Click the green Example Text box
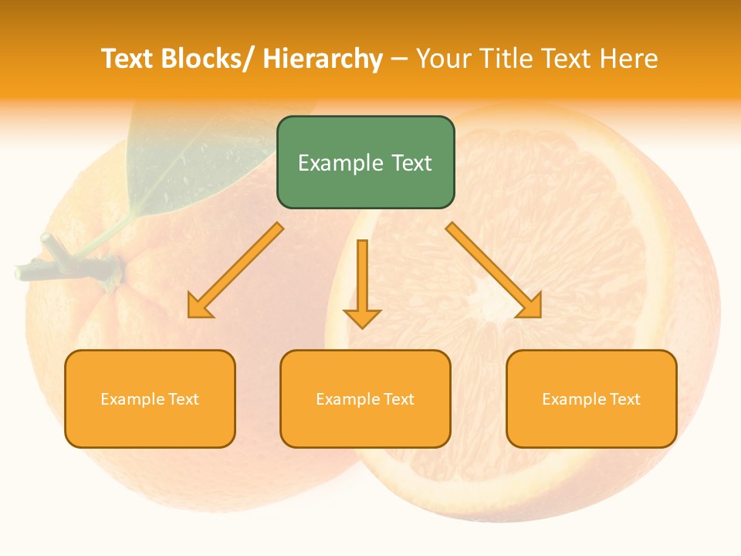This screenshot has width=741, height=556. tap(365, 162)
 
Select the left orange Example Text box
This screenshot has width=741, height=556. tap(150, 398)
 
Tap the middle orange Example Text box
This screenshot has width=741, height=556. tap(365, 398)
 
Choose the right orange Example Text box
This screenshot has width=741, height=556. tap(591, 398)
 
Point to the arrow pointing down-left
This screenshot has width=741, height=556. tap(236, 270)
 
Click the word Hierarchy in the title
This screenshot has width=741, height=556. tap(323, 59)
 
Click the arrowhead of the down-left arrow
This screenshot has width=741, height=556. tap(199, 307)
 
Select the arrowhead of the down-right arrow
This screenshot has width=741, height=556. tap(530, 307)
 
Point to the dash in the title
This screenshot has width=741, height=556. tap(399, 59)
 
